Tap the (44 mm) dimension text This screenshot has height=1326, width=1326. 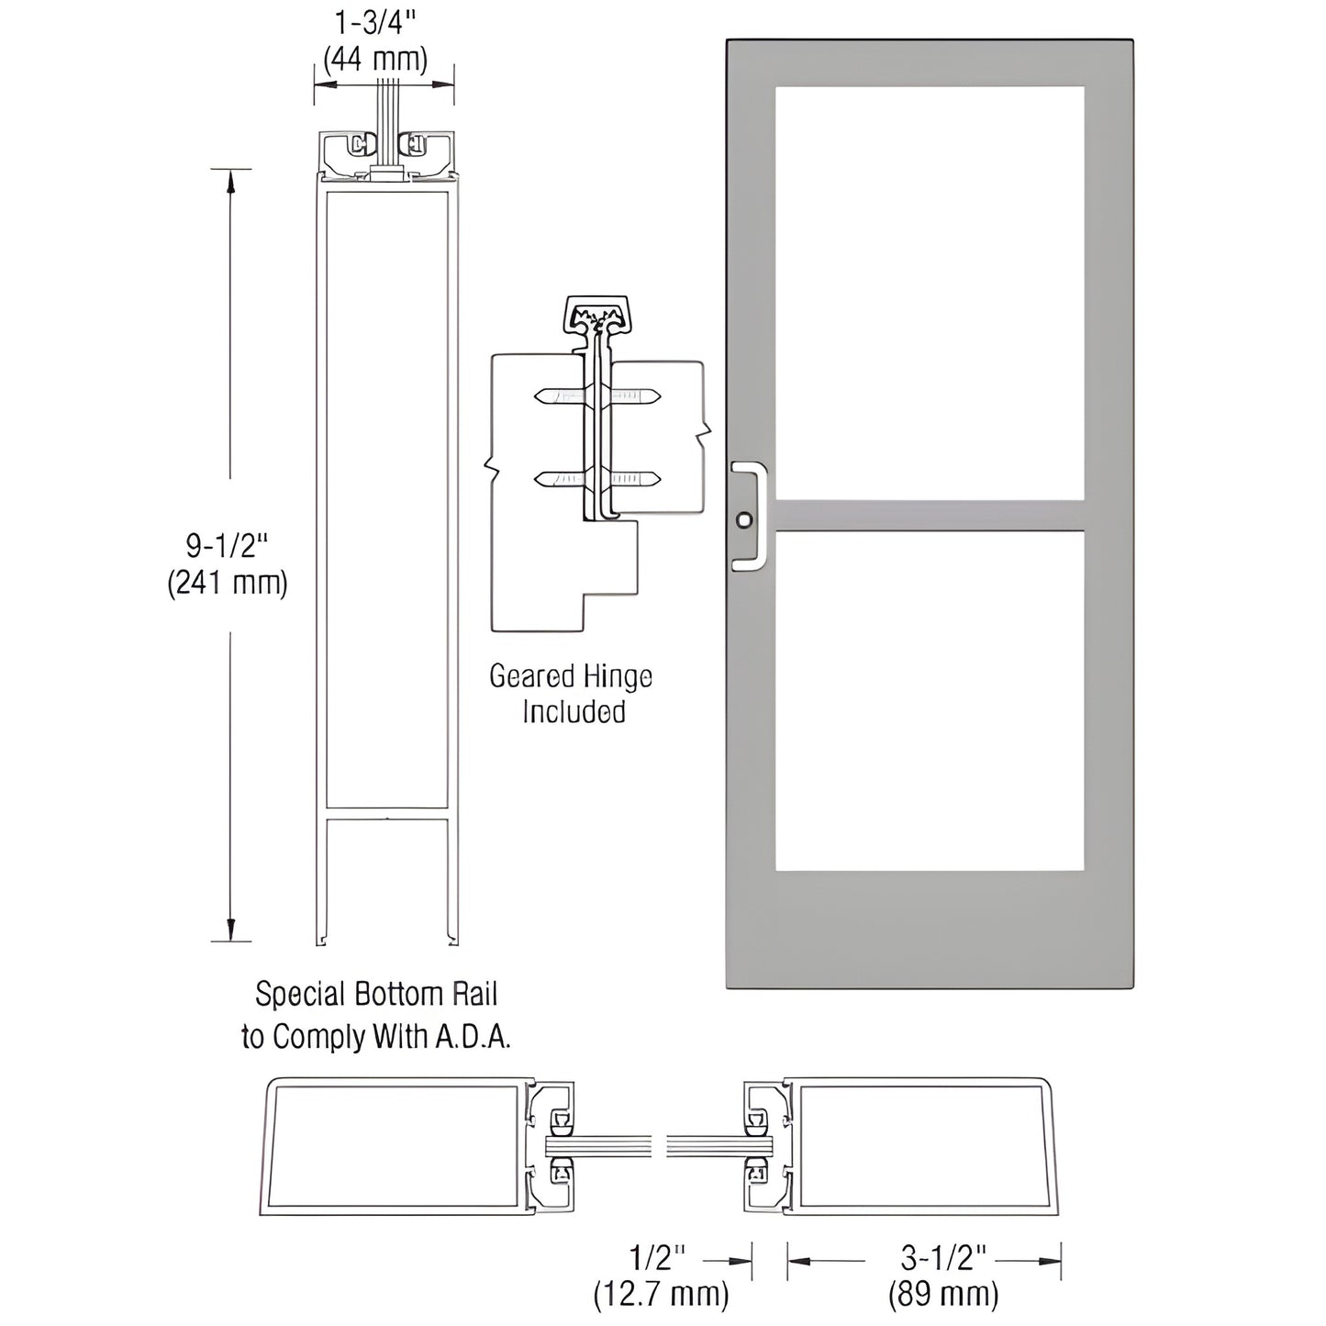[x=376, y=60]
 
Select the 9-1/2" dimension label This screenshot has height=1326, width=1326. [x=227, y=546]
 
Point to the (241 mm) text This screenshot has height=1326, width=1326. [x=227, y=584]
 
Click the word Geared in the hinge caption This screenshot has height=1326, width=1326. [x=527, y=677]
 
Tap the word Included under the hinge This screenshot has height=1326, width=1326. [x=574, y=712]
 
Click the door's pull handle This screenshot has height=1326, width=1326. [x=753, y=518]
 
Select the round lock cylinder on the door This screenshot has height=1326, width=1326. [x=743, y=520]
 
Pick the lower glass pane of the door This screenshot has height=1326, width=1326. [x=929, y=700]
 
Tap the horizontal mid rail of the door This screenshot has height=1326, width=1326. [x=929, y=516]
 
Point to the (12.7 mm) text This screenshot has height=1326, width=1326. [x=660, y=1295]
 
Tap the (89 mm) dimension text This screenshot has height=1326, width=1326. [x=942, y=1295]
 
